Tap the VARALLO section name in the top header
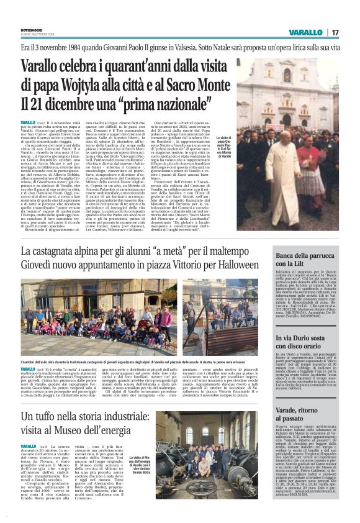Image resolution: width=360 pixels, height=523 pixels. [x=306, y=32]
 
